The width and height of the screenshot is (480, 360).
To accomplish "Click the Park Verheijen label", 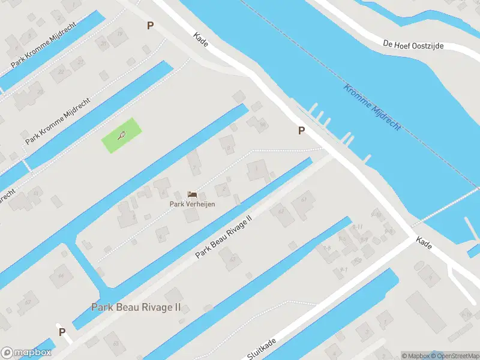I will click(x=192, y=204).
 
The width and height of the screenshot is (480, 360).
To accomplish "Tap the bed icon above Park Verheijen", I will click(x=192, y=194).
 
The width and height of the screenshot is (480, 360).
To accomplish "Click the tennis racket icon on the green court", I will click(x=122, y=136).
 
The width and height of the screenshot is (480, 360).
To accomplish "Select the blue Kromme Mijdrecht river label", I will click(x=372, y=107).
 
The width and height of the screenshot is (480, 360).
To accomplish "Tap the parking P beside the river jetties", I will click(x=301, y=130).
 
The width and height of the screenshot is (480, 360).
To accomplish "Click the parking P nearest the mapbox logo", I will click(x=62, y=332).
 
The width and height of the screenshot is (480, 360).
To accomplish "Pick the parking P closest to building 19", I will click(x=150, y=26).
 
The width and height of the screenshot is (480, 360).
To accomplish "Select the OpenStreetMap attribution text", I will click(x=455, y=356).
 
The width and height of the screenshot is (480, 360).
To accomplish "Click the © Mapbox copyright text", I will click(x=415, y=356).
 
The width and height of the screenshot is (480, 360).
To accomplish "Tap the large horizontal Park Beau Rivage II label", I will click(x=136, y=308).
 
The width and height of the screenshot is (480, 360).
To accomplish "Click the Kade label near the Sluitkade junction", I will click(x=424, y=242).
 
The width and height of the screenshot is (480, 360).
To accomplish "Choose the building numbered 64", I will click(x=61, y=277).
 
